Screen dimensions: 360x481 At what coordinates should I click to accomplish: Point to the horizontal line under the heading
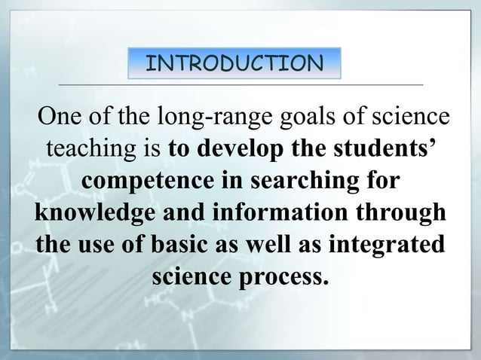(240, 84)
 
